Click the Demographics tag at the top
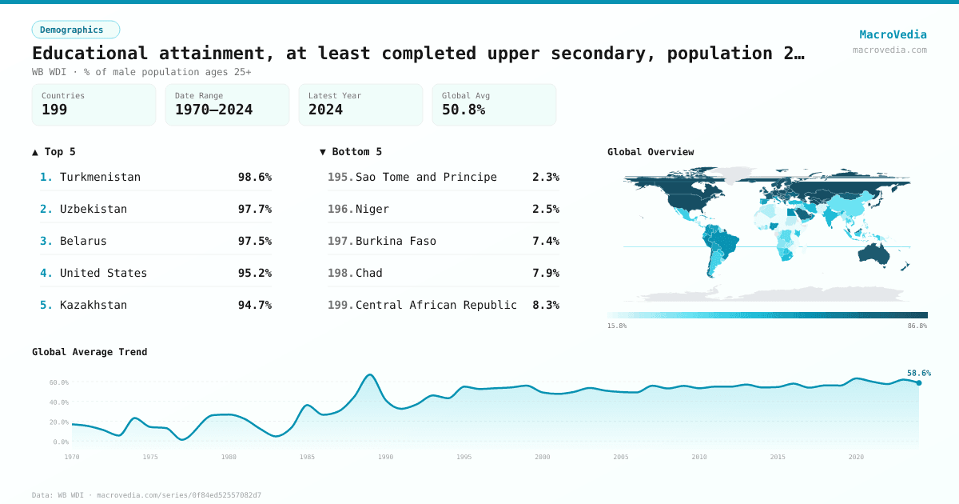coord(75,30)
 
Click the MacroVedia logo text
coord(893,34)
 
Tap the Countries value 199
coord(54,110)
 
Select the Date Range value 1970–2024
coord(213,110)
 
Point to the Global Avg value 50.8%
coord(464,110)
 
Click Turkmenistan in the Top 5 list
coord(100,177)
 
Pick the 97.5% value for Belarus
coord(254,241)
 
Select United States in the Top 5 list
coord(103,273)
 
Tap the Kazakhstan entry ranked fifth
coord(93,305)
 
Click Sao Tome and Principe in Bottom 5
coord(426,177)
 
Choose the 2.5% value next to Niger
coord(545,209)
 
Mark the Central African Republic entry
coord(436,305)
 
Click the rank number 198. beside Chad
coord(340,273)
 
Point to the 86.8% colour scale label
coord(917,326)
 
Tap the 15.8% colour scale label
coord(617,326)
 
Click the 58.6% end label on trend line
coord(918,373)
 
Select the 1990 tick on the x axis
coord(386,457)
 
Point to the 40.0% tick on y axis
coord(59,402)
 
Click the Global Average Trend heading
coord(90,352)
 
